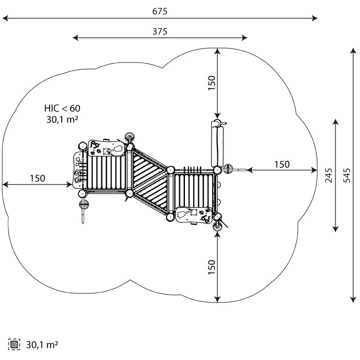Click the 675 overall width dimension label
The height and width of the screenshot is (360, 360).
pyautogui.click(x=160, y=12)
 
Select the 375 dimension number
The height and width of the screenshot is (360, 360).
pyautogui.click(x=160, y=31)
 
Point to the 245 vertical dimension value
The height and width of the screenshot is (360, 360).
pyautogui.click(x=329, y=175)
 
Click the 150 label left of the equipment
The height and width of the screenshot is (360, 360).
pyautogui.click(x=37, y=178)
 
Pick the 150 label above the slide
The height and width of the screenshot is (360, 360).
pyautogui.click(x=212, y=83)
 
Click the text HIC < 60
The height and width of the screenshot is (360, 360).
pyautogui.click(x=62, y=108)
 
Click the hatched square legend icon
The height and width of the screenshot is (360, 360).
pyautogui.click(x=15, y=345)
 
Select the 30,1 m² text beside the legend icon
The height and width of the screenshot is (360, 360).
pyautogui.click(x=42, y=345)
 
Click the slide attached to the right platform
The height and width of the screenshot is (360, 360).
pyautogui.click(x=218, y=143)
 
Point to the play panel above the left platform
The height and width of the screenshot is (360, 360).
pyautogui.click(x=107, y=148)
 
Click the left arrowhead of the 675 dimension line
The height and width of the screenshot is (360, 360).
pyautogui.click(x=4, y=18)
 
